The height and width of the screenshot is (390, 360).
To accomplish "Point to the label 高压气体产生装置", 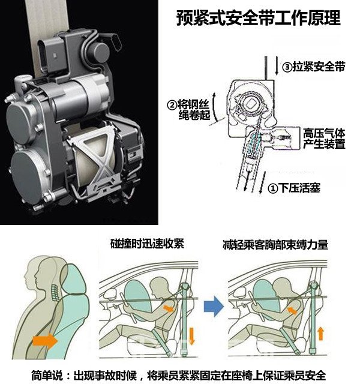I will [x=325, y=139].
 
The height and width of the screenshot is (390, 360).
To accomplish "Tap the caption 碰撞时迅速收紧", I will [x=146, y=244].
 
